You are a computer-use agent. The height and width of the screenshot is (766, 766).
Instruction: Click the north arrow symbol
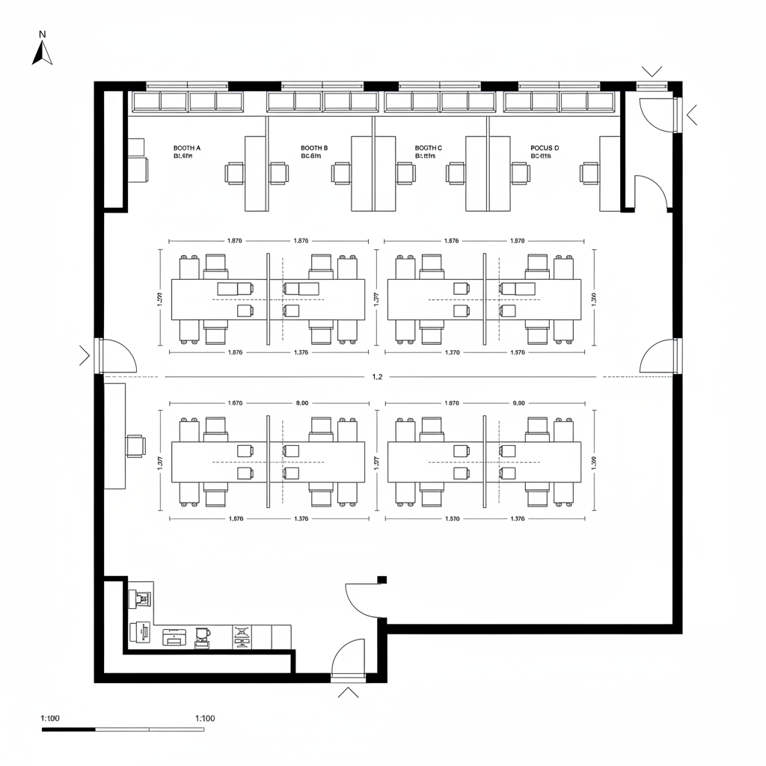coord(42,53)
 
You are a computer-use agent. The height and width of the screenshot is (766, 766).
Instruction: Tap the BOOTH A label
coord(187,148)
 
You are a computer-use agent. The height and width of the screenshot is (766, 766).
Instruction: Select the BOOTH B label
coord(314,148)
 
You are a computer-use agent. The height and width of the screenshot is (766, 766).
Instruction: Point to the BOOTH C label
coord(429,148)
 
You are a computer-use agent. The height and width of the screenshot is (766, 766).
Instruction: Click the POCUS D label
coord(545,148)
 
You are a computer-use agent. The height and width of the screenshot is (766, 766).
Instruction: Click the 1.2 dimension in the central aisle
coord(377,377)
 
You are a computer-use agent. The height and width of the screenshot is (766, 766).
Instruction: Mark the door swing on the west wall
coord(117,355)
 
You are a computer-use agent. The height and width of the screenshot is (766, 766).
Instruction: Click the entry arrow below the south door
coord(349,693)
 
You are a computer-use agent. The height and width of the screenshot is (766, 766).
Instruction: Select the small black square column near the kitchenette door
coord(382,579)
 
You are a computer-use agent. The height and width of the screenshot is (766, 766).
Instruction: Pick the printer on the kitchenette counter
coord(174,637)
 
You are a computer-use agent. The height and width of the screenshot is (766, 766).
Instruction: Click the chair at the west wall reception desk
coord(135,445)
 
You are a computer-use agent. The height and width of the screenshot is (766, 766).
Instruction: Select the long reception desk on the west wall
coord(114,435)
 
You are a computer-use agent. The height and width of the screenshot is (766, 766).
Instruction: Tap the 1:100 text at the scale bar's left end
coord(50,718)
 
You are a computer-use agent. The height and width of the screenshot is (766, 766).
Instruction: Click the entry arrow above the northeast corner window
coord(652,71)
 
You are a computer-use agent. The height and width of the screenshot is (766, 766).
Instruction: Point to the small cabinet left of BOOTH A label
coord(138,160)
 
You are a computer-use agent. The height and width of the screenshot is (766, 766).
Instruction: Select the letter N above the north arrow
coord(43,34)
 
